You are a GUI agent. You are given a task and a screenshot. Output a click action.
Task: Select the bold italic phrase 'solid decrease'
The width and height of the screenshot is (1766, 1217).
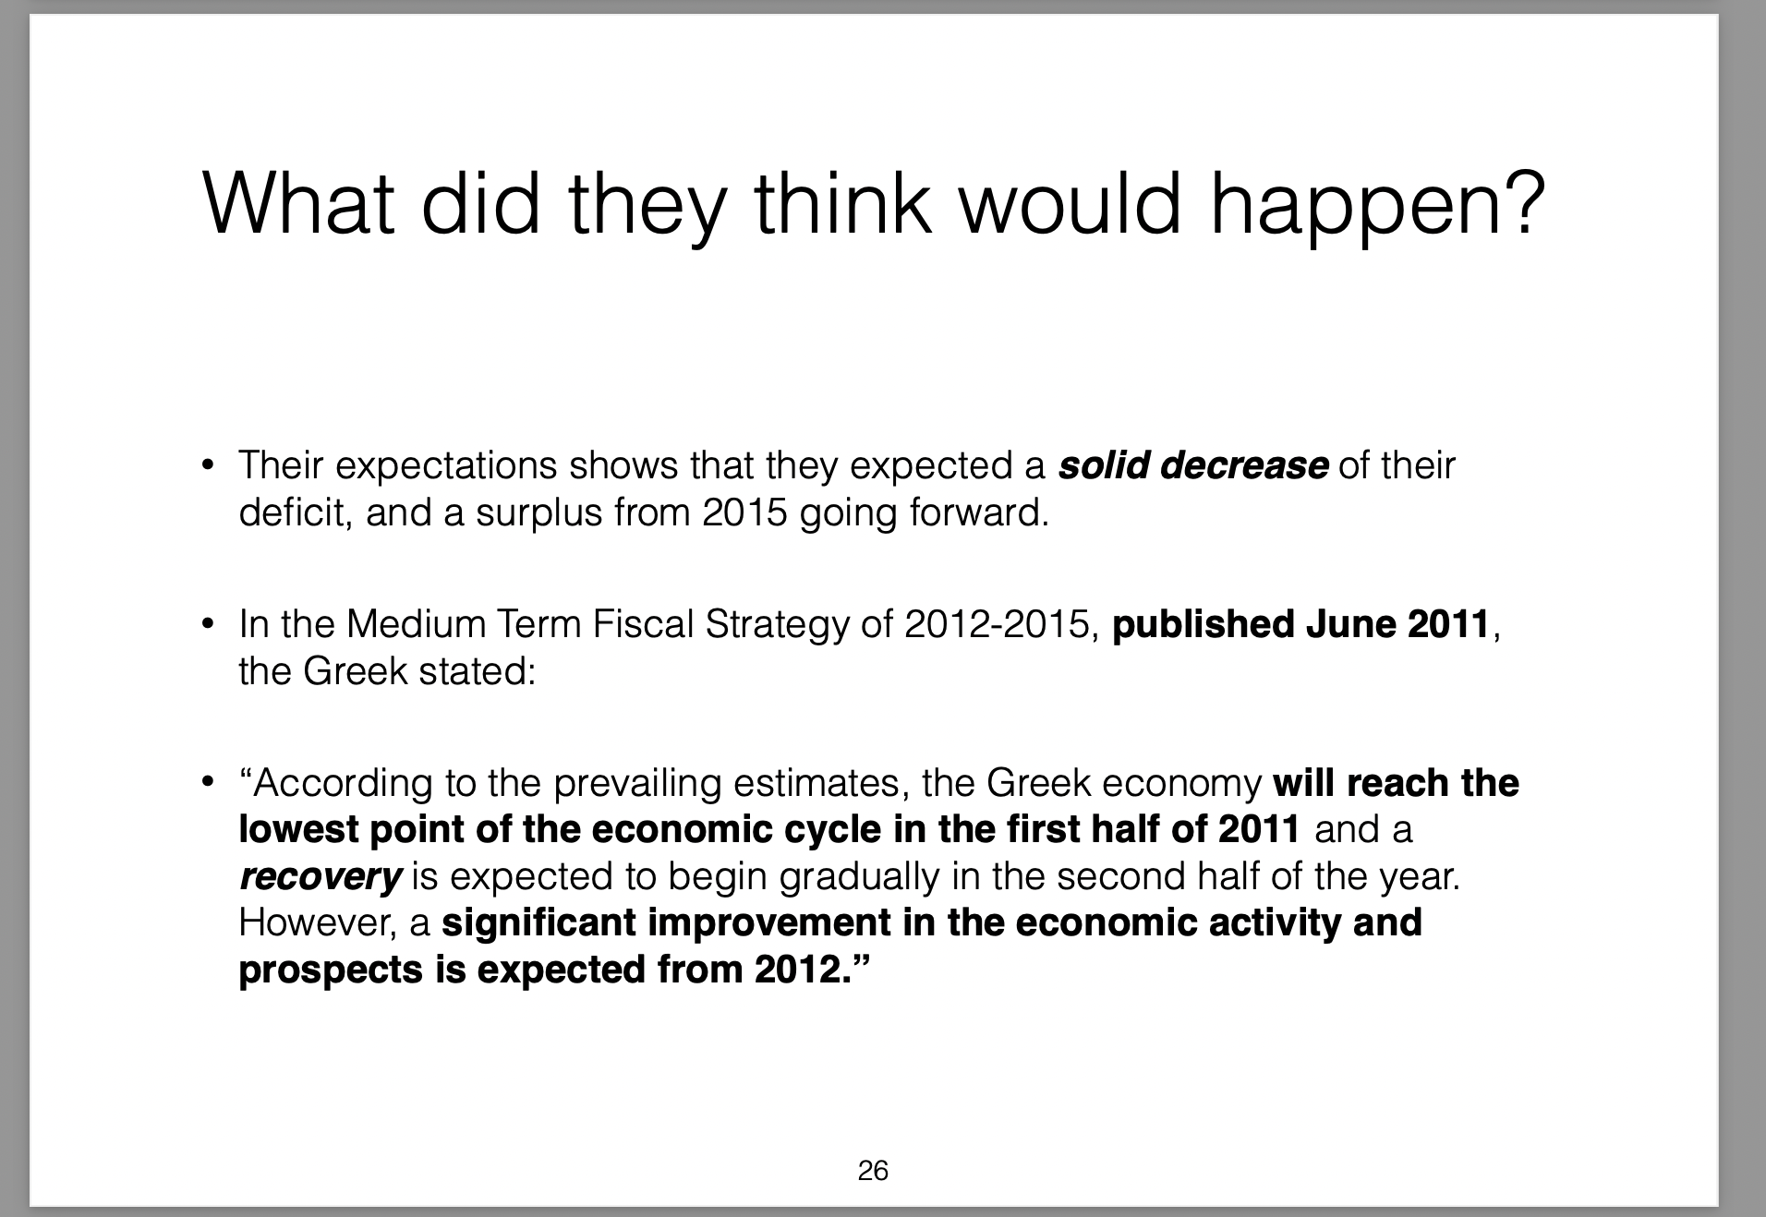click(1193, 465)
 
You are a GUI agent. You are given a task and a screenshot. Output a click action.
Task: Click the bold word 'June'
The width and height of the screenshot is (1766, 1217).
click(1349, 624)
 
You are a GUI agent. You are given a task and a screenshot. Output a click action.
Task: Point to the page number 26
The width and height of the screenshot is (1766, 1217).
click(873, 1171)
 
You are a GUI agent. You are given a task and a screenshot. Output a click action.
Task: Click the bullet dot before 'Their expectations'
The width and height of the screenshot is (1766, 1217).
click(209, 465)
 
